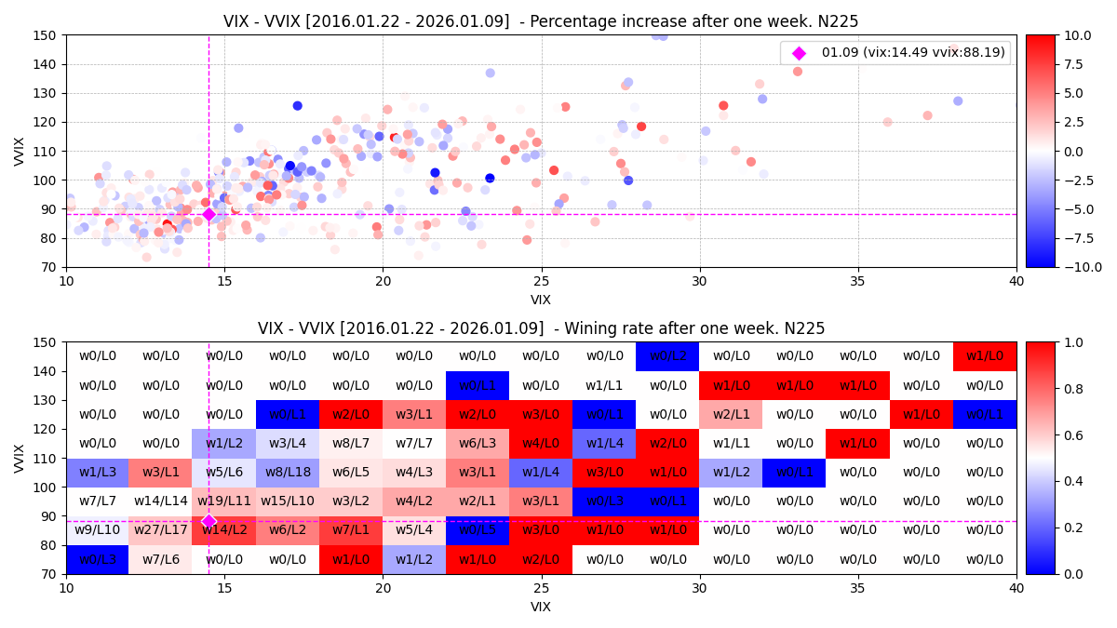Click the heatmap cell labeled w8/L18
coord(288,472)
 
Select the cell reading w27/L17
coord(161,530)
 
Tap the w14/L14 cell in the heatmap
coord(161,501)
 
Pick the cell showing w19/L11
coord(224,501)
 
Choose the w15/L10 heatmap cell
coord(288,501)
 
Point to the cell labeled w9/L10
coord(98,530)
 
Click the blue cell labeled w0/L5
coord(478,530)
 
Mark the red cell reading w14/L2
coord(224,530)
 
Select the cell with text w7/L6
coord(161,559)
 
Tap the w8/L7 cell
coord(351,443)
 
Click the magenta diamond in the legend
coord(798,53)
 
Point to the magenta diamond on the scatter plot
coord(209,214)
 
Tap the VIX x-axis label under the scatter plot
coord(541,300)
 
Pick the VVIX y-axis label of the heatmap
coord(20,458)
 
